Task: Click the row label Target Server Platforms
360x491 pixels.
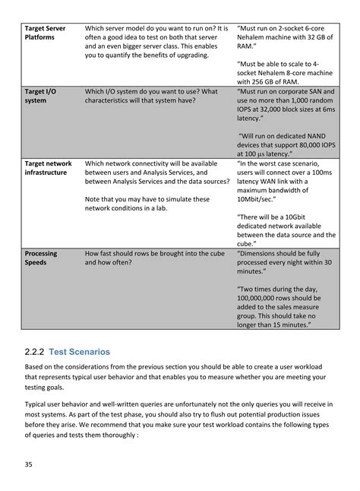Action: click(45, 33)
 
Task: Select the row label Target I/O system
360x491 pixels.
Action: click(41, 96)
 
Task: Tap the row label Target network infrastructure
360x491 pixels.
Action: click(48, 168)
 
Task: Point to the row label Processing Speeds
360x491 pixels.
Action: click(41, 258)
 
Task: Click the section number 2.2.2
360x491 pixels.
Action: click(34, 352)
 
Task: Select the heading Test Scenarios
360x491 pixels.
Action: click(79, 352)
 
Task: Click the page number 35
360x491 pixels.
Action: click(28, 464)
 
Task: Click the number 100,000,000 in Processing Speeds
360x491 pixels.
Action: click(264, 298)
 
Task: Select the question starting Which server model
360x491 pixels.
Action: click(156, 42)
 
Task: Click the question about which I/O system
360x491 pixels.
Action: click(151, 96)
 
